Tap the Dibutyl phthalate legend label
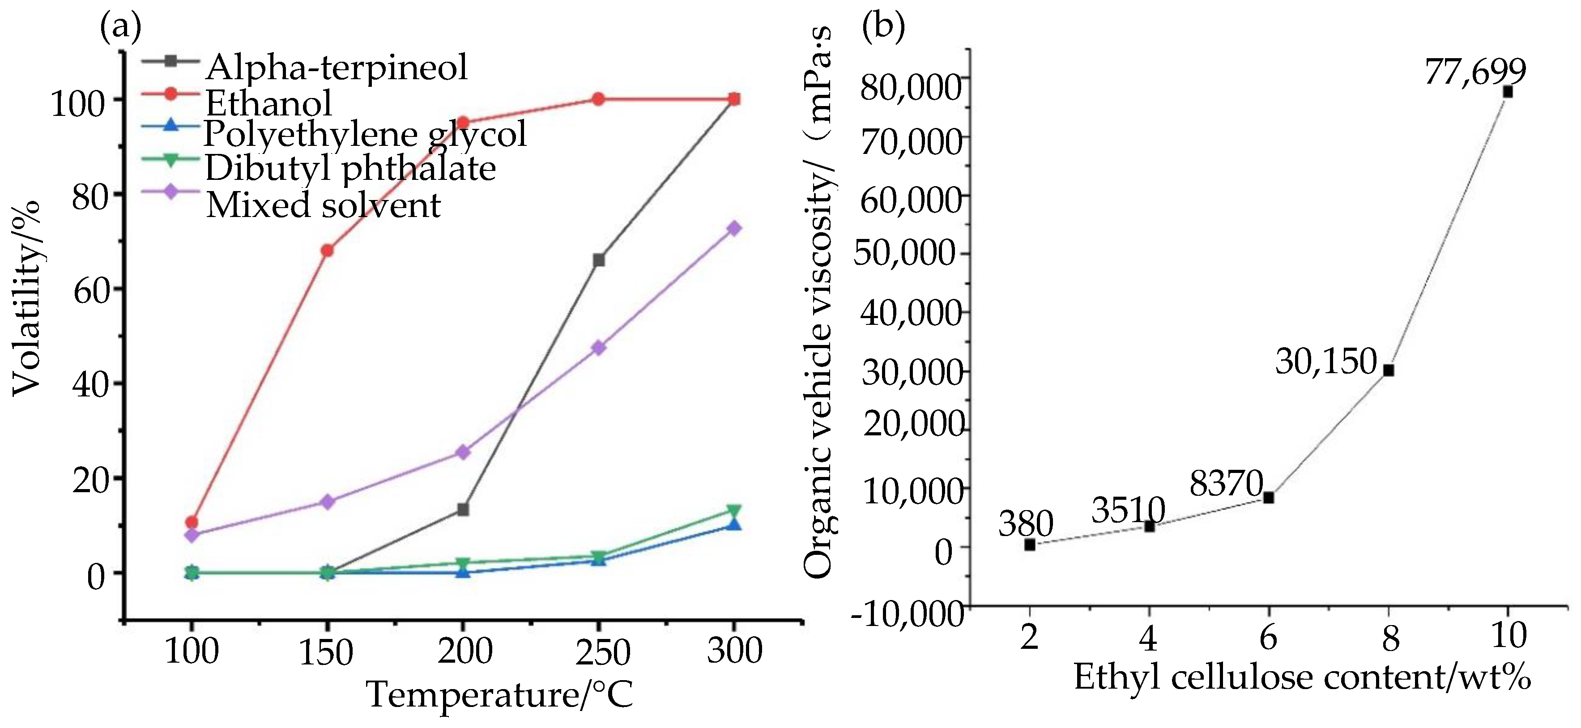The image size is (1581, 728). [350, 168]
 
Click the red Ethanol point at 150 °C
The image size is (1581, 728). [327, 251]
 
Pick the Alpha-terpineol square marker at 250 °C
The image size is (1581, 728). [598, 260]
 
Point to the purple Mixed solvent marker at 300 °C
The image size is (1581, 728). [734, 228]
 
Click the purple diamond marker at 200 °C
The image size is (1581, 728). [463, 452]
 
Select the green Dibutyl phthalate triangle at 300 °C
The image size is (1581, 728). [734, 511]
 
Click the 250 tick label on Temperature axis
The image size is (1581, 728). [603, 652]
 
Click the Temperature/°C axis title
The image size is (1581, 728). [499, 695]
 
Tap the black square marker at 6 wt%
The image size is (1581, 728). [1269, 497]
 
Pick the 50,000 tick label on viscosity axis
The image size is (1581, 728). [905, 253]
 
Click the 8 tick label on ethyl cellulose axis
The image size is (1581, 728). [1390, 639]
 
